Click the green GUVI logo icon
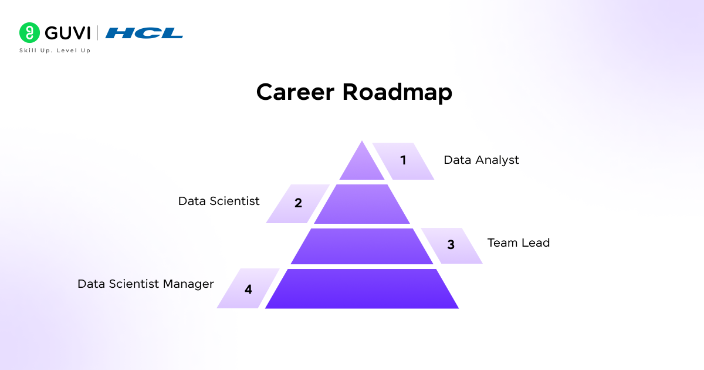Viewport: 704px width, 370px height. coord(29,32)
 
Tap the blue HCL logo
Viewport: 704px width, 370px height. coord(144,33)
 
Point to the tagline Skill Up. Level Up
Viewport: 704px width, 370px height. coord(55,51)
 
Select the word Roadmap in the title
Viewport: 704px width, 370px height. coord(397,93)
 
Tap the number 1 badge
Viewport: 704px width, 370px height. coord(403,160)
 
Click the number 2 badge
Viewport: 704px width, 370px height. coord(298,204)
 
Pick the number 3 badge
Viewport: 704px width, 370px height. coord(451,245)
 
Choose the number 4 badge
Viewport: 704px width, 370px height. coord(248,289)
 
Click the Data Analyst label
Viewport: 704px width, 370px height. coord(481,160)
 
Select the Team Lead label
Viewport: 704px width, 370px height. coord(519,243)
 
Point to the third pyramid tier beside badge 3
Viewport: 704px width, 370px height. coord(362,246)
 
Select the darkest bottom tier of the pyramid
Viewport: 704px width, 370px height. coord(362,288)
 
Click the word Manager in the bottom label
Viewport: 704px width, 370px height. coord(188,284)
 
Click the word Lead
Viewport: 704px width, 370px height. coord(536,243)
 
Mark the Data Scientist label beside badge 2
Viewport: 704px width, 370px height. coord(219,201)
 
